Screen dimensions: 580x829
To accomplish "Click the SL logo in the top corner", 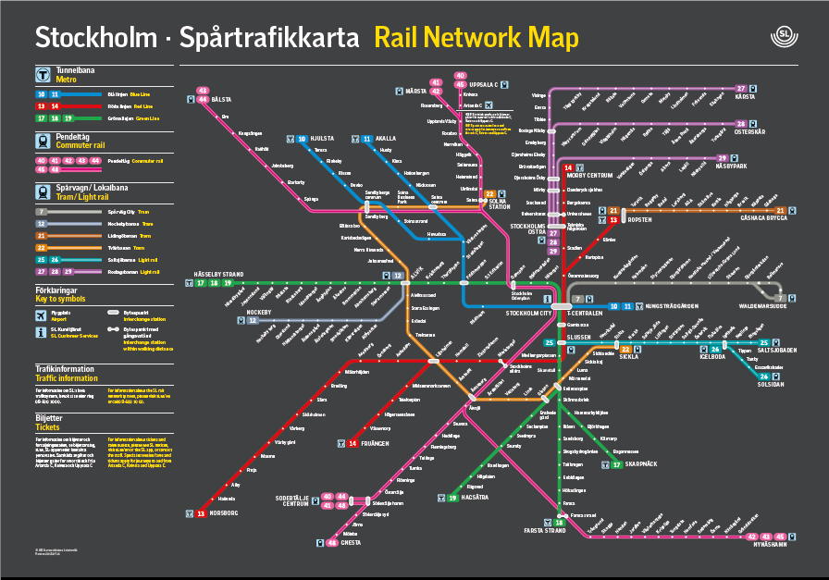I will click(784, 37).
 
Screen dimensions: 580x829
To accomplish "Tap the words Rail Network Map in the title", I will click(476, 38).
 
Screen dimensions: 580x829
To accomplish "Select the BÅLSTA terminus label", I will click(221, 99).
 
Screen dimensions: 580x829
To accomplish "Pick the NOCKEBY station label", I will click(219, 312).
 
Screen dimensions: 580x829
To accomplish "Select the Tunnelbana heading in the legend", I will click(79, 69).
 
